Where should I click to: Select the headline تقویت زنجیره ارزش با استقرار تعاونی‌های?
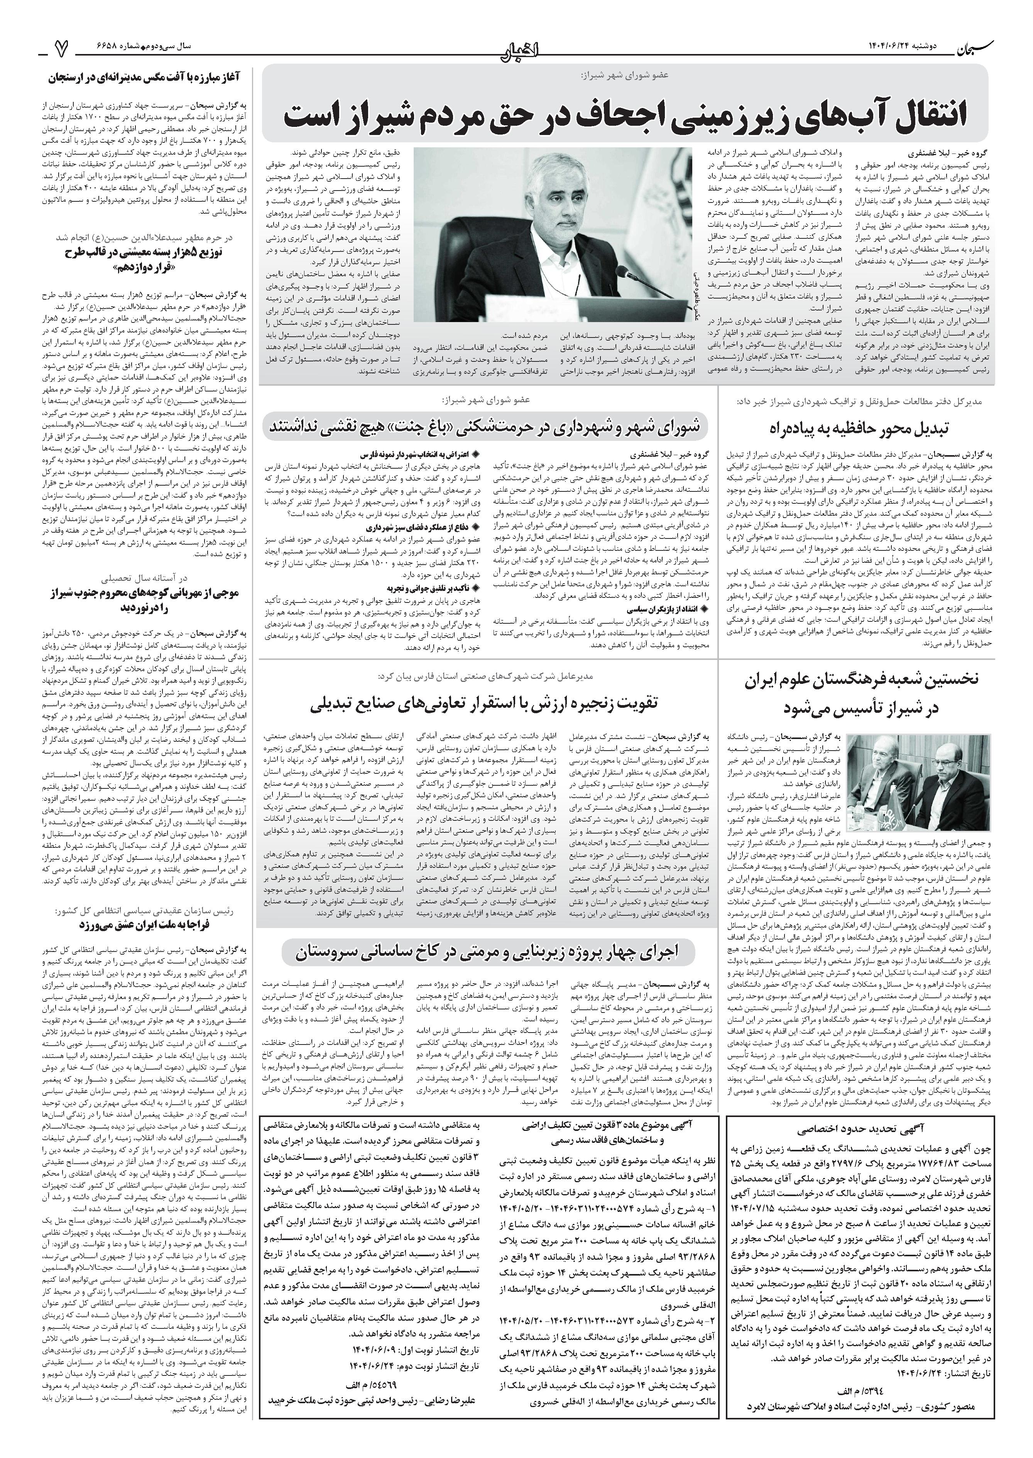coord(484,703)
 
